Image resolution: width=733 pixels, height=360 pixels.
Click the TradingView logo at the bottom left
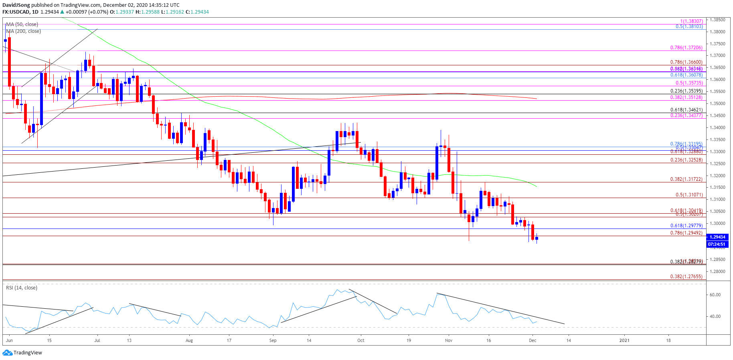[x=22, y=353]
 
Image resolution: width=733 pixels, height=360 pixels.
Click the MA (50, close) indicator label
[x=22, y=24]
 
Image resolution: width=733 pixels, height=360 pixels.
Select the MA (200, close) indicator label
[x=23, y=31]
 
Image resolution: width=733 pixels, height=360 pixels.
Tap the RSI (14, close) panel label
[x=22, y=288]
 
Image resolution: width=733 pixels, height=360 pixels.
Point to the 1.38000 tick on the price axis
[x=717, y=32]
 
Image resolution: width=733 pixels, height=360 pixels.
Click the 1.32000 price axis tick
[x=717, y=176]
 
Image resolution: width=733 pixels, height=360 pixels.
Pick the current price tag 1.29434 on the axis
[x=717, y=237]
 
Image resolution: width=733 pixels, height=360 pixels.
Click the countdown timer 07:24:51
[x=717, y=244]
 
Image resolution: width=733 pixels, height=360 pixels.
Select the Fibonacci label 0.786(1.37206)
[x=686, y=48]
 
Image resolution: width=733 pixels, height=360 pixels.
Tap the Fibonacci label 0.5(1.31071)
[x=689, y=195]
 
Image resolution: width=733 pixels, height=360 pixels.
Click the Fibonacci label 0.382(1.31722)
[x=686, y=179]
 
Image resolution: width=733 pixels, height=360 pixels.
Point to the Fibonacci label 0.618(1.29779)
[x=686, y=226]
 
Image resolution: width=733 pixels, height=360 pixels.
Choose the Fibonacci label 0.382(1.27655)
[x=686, y=277]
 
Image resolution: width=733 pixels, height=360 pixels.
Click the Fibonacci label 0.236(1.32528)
[x=686, y=160]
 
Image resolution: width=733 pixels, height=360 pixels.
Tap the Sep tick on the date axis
[x=273, y=340]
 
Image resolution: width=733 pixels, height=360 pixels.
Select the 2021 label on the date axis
[x=624, y=340]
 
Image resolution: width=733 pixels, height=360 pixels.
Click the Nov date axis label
[x=448, y=340]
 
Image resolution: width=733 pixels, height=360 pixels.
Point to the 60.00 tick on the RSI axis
[x=715, y=295]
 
